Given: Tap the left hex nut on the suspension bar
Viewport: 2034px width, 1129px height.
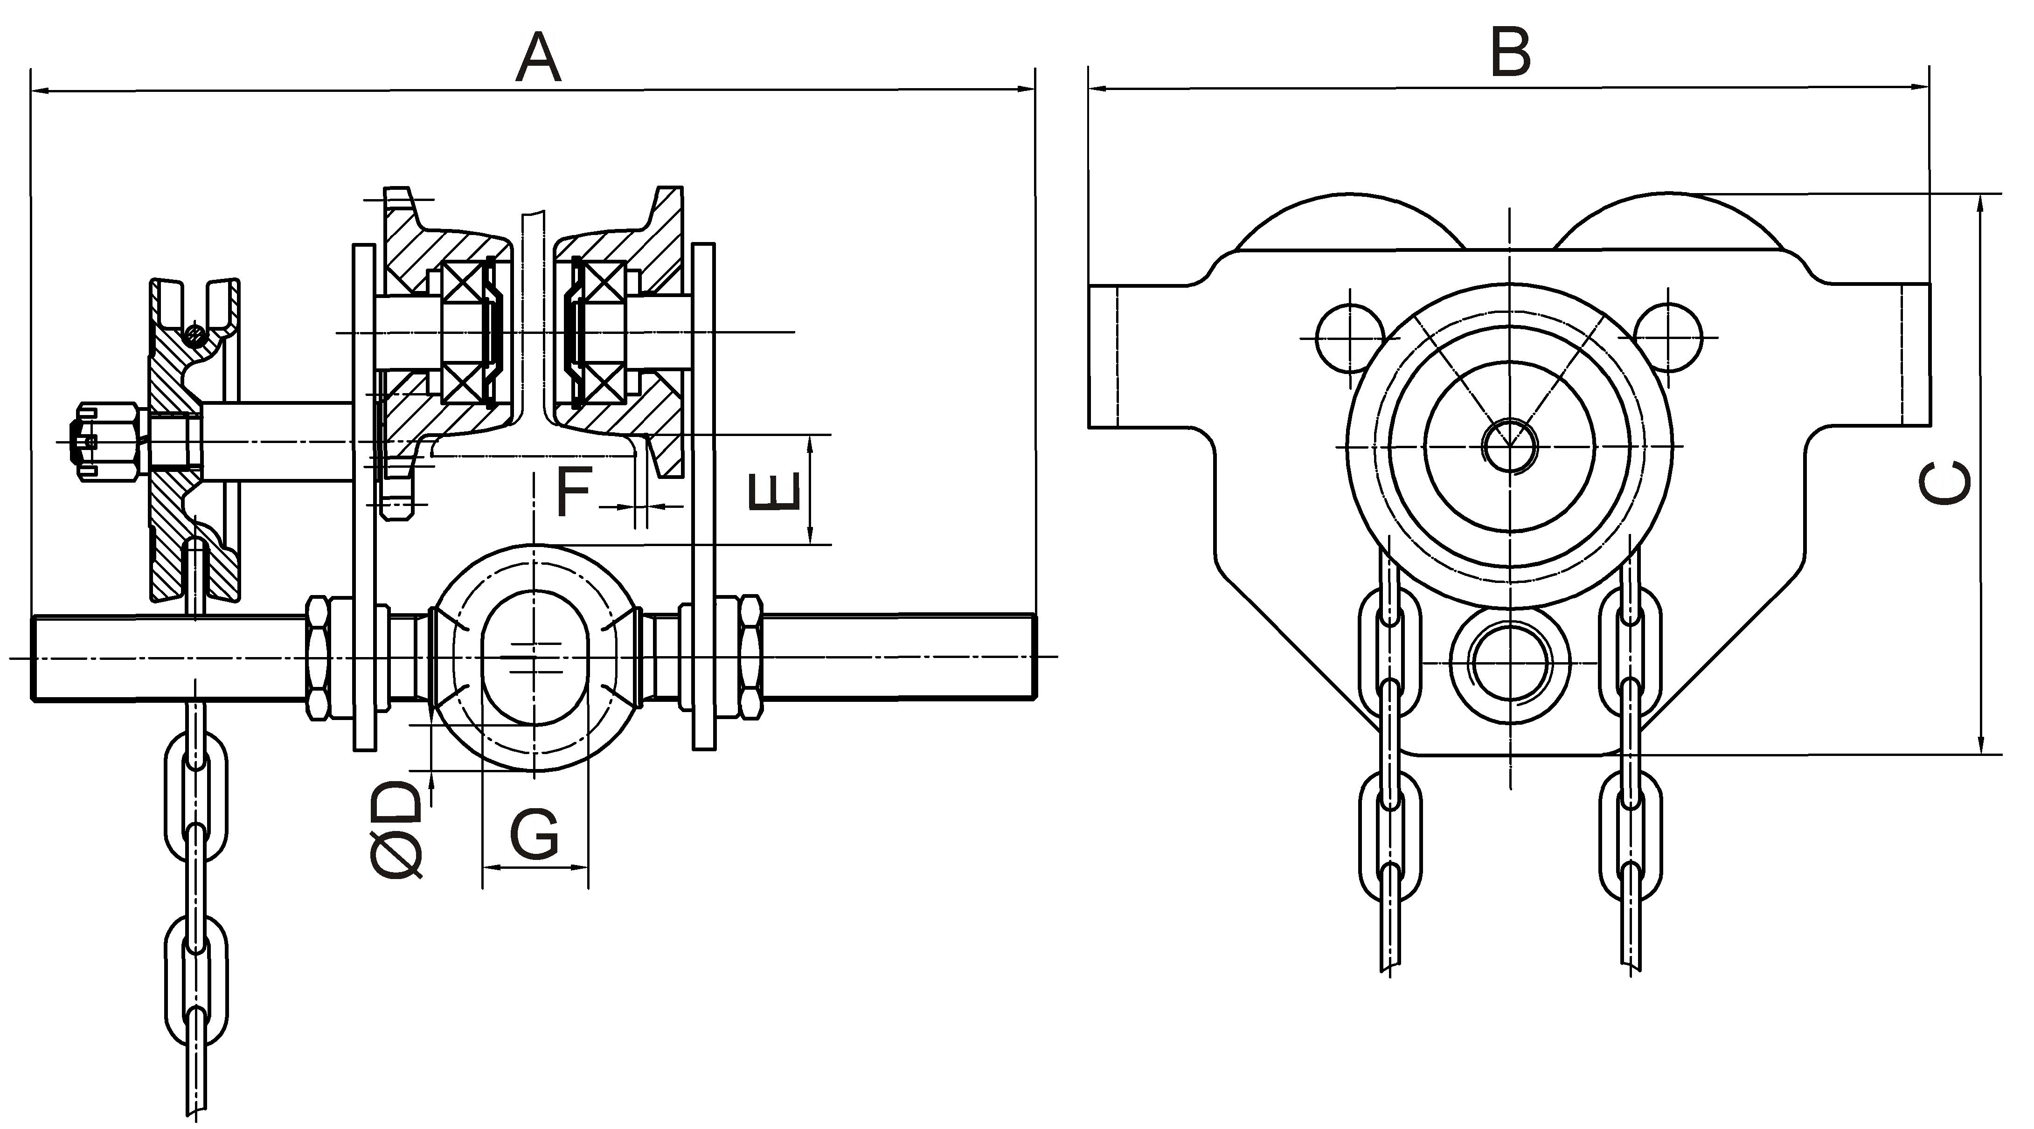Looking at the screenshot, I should [319, 658].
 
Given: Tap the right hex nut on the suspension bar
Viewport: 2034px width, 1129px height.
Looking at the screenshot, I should [750, 658].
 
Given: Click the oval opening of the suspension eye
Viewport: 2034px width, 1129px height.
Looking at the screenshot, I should [535, 657].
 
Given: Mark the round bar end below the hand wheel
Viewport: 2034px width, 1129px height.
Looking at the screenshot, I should [1510, 665].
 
